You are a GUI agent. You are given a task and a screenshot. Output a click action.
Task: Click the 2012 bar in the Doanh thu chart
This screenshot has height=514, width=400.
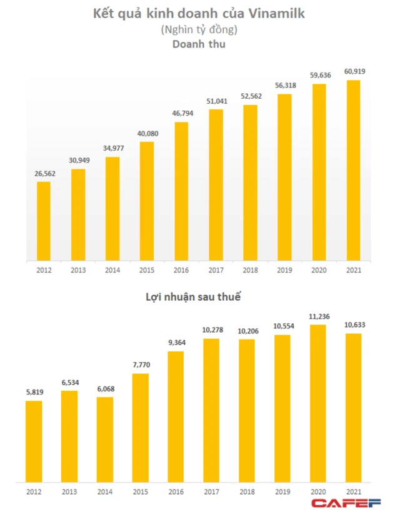(43, 220)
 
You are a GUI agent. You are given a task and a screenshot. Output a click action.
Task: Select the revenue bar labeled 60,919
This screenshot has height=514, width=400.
(353, 169)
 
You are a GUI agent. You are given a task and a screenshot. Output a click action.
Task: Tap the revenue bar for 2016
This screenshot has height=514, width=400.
(181, 191)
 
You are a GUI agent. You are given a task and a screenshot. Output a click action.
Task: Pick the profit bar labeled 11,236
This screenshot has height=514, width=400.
(319, 404)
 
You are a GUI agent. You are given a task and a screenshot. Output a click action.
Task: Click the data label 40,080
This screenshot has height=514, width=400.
(147, 134)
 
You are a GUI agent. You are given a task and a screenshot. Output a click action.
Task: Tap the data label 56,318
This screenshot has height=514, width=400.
(284, 86)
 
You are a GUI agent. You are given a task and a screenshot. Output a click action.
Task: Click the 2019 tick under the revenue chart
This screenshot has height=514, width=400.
(284, 271)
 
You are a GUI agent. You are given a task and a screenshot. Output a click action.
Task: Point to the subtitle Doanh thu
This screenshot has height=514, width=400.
(199, 45)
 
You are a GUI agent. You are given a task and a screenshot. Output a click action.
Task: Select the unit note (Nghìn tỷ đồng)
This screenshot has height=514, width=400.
(199, 29)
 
